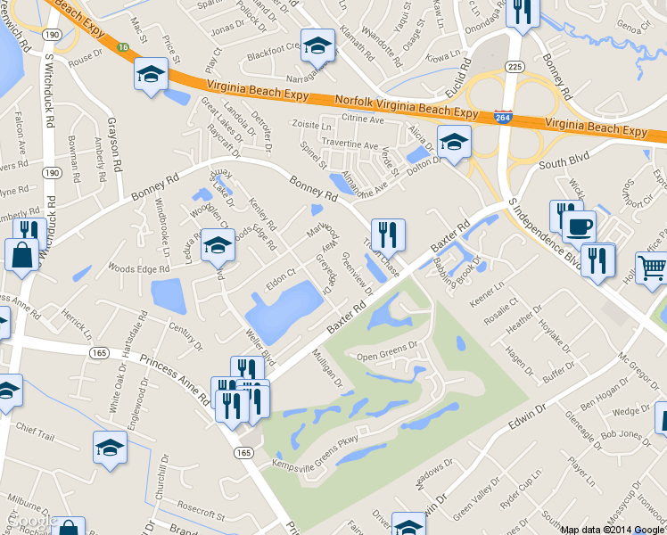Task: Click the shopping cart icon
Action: (652, 267)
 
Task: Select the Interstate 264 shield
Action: (503, 117)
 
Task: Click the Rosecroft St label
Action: (201, 514)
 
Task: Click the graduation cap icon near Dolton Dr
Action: (453, 142)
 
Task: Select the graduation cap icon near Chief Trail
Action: (111, 448)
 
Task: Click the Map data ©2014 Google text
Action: (613, 529)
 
